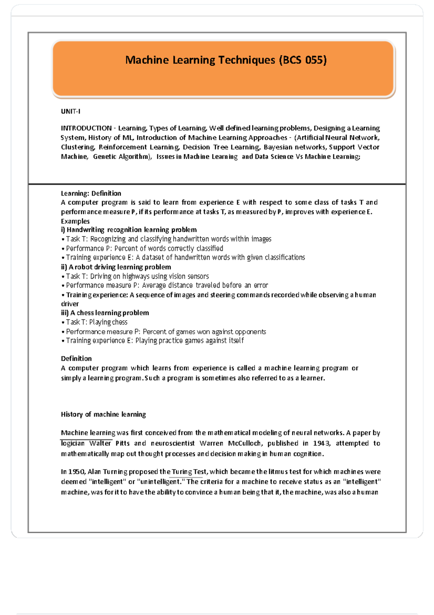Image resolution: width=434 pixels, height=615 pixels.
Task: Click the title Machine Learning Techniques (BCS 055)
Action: [226, 60]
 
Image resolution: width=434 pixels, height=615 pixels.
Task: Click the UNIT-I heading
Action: [71, 111]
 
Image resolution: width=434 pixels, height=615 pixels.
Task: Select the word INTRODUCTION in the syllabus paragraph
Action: [86, 128]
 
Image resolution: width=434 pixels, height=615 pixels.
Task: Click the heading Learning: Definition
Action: [91, 193]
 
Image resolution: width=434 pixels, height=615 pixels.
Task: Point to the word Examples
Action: [75, 221]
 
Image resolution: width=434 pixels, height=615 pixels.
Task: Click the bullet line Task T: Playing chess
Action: [96, 322]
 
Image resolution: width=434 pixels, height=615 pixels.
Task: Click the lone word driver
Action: [70, 304]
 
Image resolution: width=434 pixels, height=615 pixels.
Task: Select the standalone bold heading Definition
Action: [76, 359]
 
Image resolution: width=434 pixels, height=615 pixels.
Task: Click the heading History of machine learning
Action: [103, 414]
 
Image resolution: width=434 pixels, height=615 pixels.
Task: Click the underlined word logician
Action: [73, 443]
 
